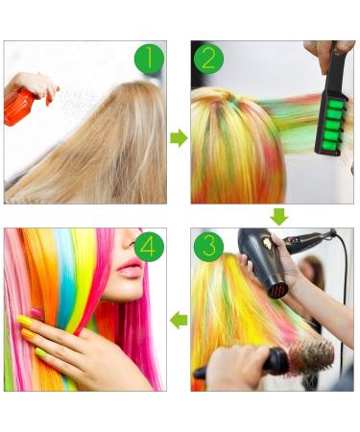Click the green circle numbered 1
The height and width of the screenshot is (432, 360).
pos(149,59)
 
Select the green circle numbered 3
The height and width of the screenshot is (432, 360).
pos(208,246)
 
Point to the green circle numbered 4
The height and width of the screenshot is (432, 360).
pos(148,246)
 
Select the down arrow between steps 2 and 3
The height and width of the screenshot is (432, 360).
pos(278,216)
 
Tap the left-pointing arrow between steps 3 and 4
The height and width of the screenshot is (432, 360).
pos(179,320)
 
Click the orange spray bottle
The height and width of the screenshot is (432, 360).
pos(20,107)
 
